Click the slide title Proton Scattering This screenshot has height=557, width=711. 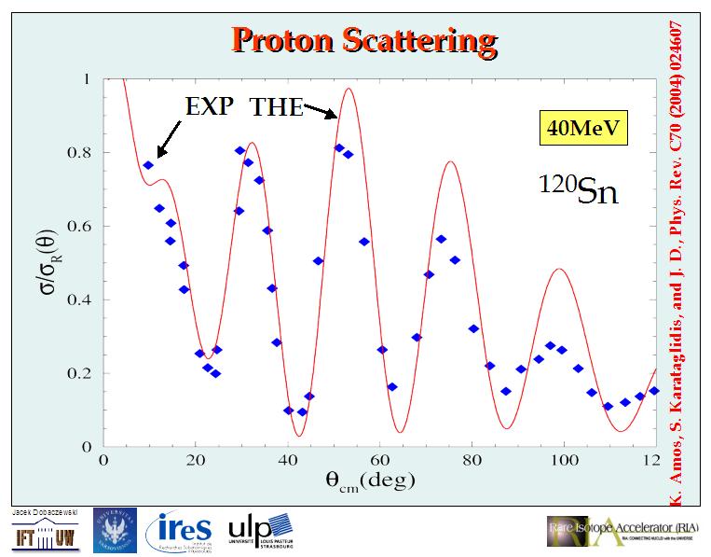coord(363,41)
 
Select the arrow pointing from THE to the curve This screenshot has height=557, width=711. coord(321,112)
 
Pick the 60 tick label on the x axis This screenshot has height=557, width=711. coord(379,461)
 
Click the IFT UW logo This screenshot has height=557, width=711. coord(43,536)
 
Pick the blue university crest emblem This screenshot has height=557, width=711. coord(114,530)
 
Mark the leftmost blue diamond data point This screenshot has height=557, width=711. coord(148,165)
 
